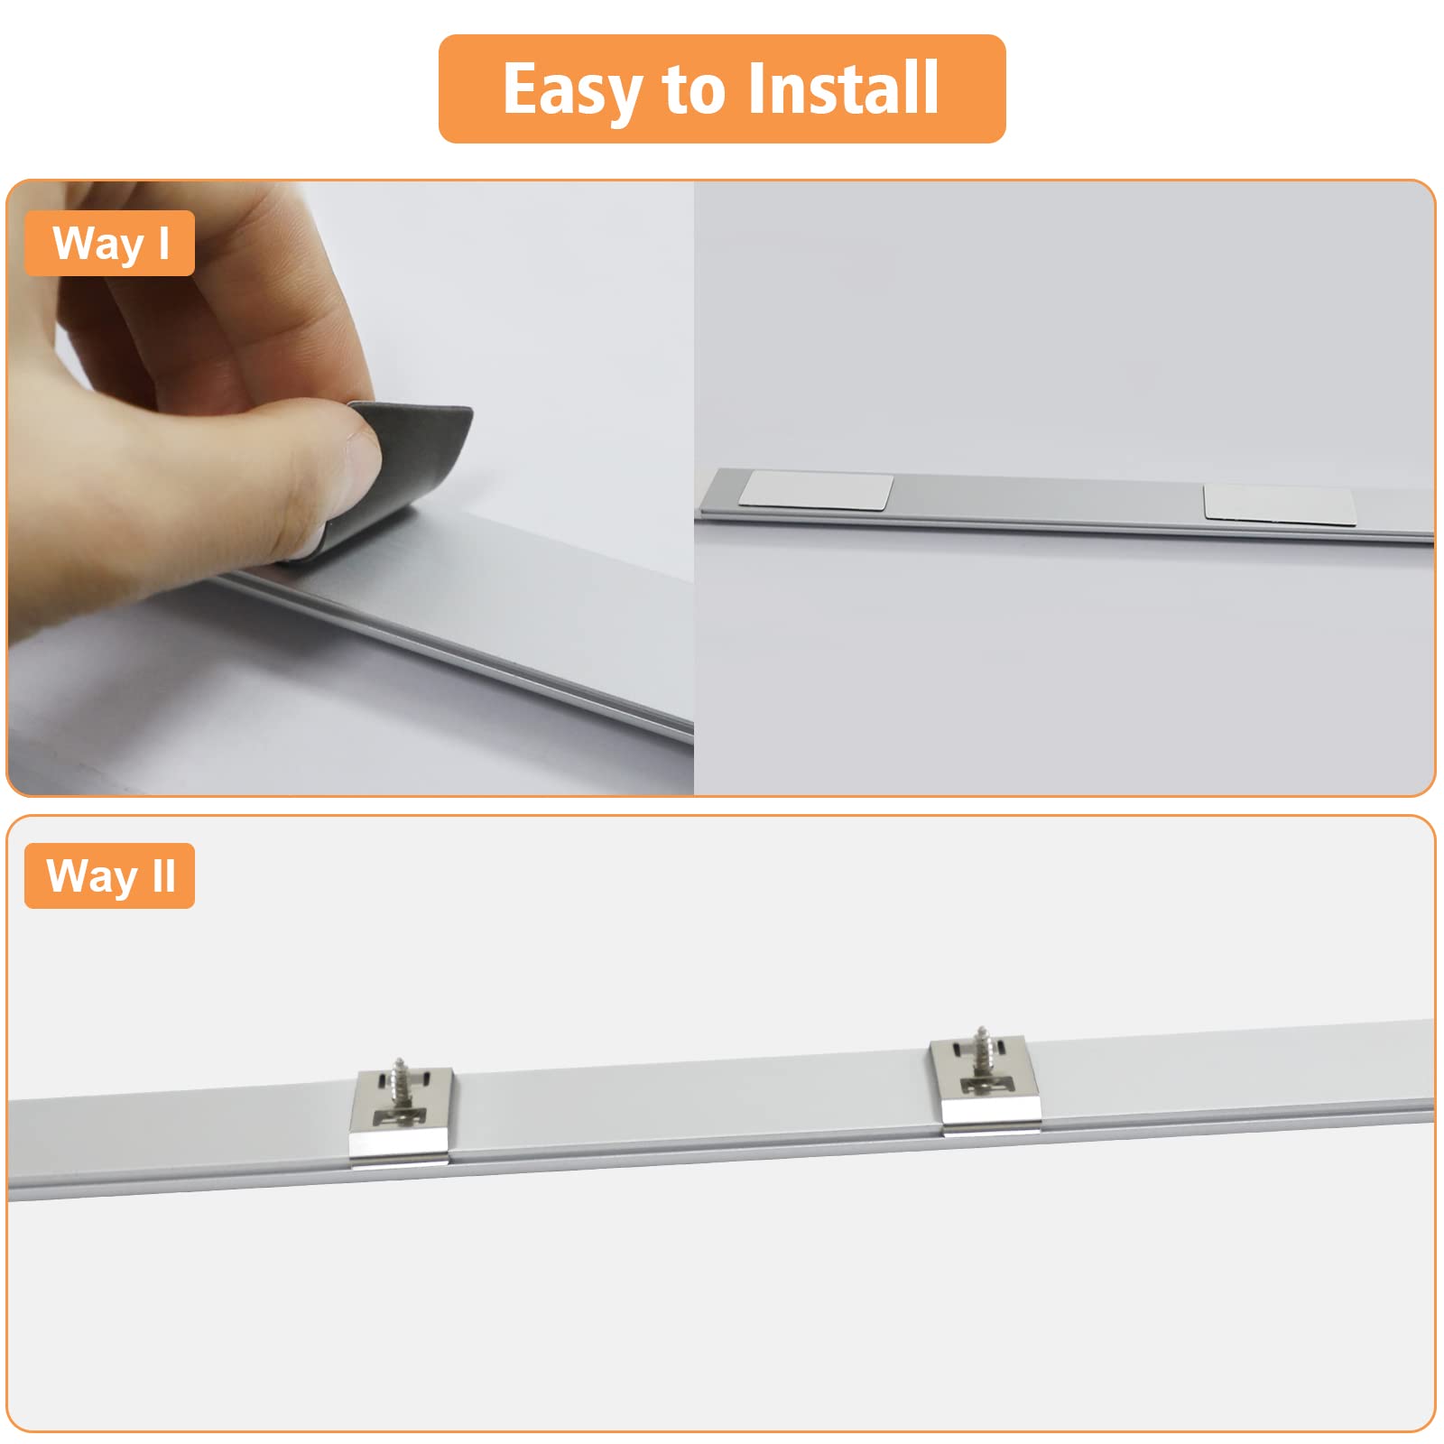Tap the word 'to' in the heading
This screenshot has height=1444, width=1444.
tap(693, 90)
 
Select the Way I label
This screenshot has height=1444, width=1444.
tap(109, 243)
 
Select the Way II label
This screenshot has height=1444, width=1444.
tap(109, 875)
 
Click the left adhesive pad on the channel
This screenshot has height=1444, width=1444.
tap(816, 489)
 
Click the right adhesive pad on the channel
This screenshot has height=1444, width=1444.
tap(1280, 504)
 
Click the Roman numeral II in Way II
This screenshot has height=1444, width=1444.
tap(163, 875)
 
